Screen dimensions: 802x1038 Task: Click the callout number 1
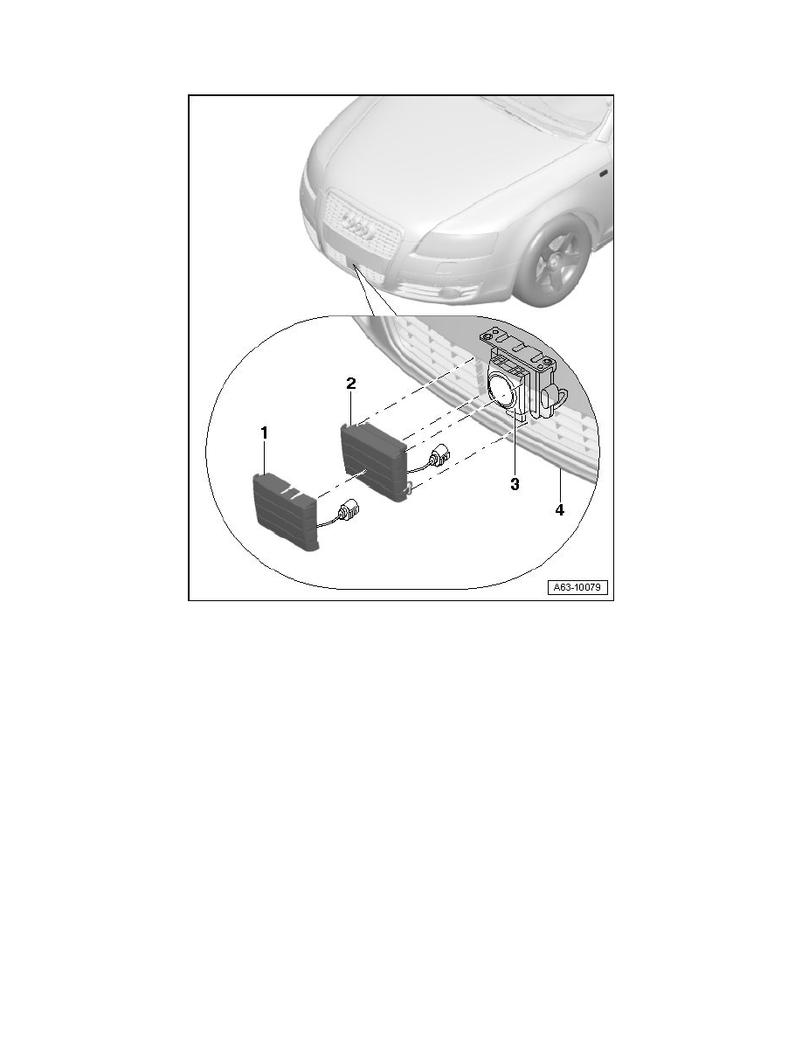coord(264,433)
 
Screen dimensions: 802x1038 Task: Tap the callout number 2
coord(351,384)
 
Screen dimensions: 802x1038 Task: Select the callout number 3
coord(515,484)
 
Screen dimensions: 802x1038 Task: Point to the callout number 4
coord(560,509)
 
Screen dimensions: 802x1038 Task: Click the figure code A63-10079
coord(577,587)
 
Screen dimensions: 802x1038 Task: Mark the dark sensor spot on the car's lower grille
coord(356,266)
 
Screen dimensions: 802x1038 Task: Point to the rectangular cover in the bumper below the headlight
coord(443,270)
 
